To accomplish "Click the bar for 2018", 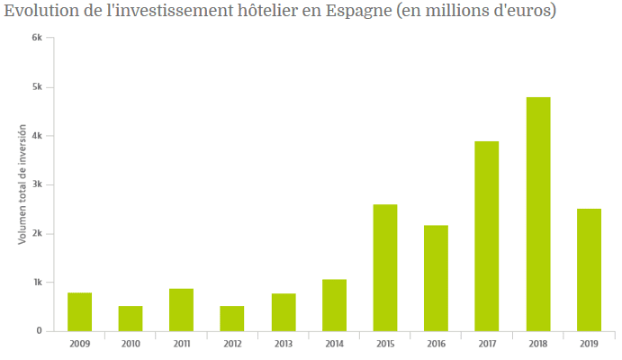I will (x=538, y=214).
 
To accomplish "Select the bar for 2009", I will (x=79, y=311).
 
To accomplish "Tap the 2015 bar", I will (x=385, y=267).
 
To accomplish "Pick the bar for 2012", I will (x=232, y=319).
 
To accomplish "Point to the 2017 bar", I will (x=487, y=236).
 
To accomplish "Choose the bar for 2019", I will (x=589, y=270).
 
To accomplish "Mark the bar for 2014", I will (x=334, y=305).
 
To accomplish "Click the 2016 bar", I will (x=436, y=278).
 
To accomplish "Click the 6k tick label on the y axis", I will (x=37, y=39).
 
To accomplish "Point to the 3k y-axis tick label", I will (x=37, y=184).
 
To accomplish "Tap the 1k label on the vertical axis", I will (x=37, y=283).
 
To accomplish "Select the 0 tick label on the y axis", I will (x=39, y=331).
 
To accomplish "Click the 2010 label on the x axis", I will (x=131, y=344).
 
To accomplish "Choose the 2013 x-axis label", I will (x=284, y=344).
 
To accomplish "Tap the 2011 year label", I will (x=181, y=344).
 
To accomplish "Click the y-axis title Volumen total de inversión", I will (x=23, y=184).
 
